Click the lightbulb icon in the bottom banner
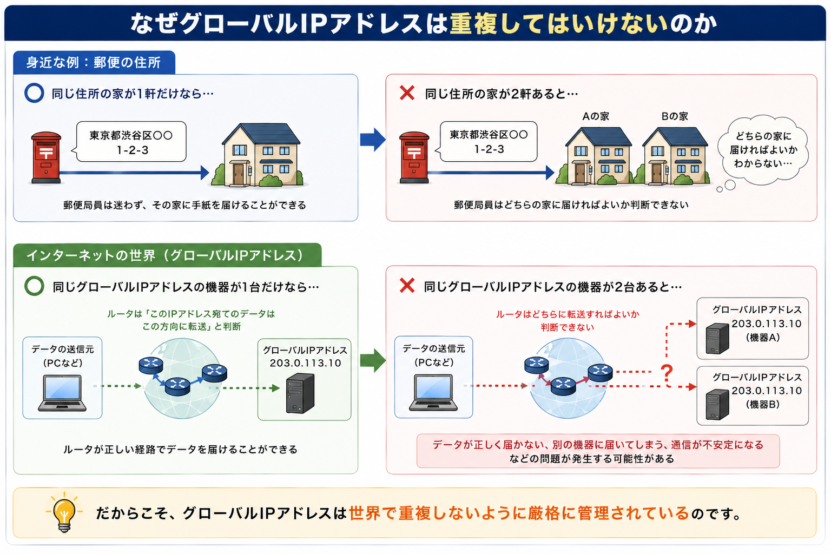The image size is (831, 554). (64, 513)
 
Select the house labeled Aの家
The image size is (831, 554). (598, 156)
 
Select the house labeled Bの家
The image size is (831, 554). (675, 156)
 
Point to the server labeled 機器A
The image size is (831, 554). (717, 338)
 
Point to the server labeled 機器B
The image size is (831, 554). (717, 405)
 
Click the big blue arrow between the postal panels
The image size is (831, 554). (373, 140)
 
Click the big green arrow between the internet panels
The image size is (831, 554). (373, 360)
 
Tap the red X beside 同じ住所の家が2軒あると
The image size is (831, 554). (407, 93)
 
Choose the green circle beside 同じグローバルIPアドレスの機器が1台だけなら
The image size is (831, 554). (34, 286)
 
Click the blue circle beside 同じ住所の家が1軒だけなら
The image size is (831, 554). (34, 93)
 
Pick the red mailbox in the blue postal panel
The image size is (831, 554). (46, 157)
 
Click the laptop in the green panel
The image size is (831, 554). (62, 393)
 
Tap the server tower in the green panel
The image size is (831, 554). (300, 393)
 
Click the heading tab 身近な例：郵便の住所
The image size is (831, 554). (94, 62)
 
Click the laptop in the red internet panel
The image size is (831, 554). (433, 393)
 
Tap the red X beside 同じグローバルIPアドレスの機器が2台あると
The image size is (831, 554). (407, 286)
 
